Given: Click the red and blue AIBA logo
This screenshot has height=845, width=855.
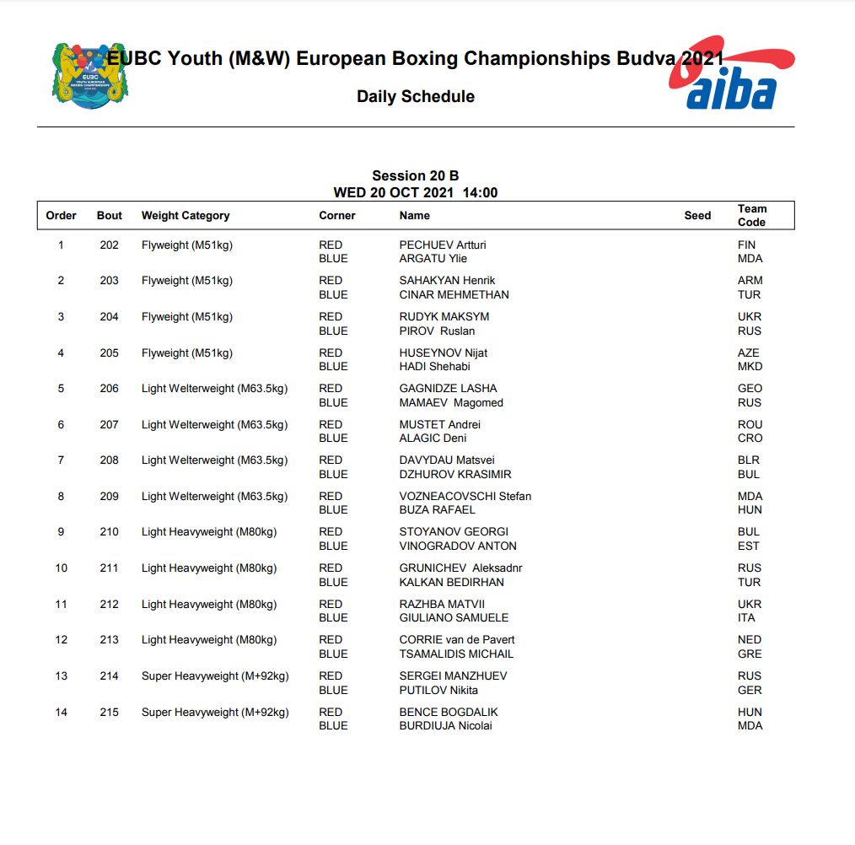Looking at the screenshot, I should coord(732,76).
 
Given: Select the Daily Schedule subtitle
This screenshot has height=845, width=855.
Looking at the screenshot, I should coord(415,97).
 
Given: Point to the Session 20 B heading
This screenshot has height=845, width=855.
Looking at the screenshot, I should coord(415,175).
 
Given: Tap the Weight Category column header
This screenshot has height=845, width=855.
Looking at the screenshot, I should coord(186,216).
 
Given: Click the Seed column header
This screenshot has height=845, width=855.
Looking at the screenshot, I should coord(697,216).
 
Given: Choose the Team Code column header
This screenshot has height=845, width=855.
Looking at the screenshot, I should coord(751,216).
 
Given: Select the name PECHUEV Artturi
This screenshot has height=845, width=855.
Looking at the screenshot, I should coord(442,245).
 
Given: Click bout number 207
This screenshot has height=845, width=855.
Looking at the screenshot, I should coord(110,425).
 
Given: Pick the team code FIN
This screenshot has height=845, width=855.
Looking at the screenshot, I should coord(746,245).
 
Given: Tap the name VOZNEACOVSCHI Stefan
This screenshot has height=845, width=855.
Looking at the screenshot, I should coord(465,497).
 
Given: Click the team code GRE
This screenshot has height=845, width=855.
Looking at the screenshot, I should coord(749,654).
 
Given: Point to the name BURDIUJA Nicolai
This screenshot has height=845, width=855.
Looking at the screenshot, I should coord(445,726).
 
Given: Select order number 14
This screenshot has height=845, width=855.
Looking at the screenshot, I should coord(61,713).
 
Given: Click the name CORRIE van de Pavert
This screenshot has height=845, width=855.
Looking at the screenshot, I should coord(456,640).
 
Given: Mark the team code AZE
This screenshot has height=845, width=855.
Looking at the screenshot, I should coord(748,353).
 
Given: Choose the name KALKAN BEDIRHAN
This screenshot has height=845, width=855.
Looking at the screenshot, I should coord(451,583).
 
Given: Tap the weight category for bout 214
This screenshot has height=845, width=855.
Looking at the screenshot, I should coord(215,676).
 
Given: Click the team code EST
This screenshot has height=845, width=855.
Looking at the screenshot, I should coord(748,546).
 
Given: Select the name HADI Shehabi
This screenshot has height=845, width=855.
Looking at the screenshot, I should coord(434,367).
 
